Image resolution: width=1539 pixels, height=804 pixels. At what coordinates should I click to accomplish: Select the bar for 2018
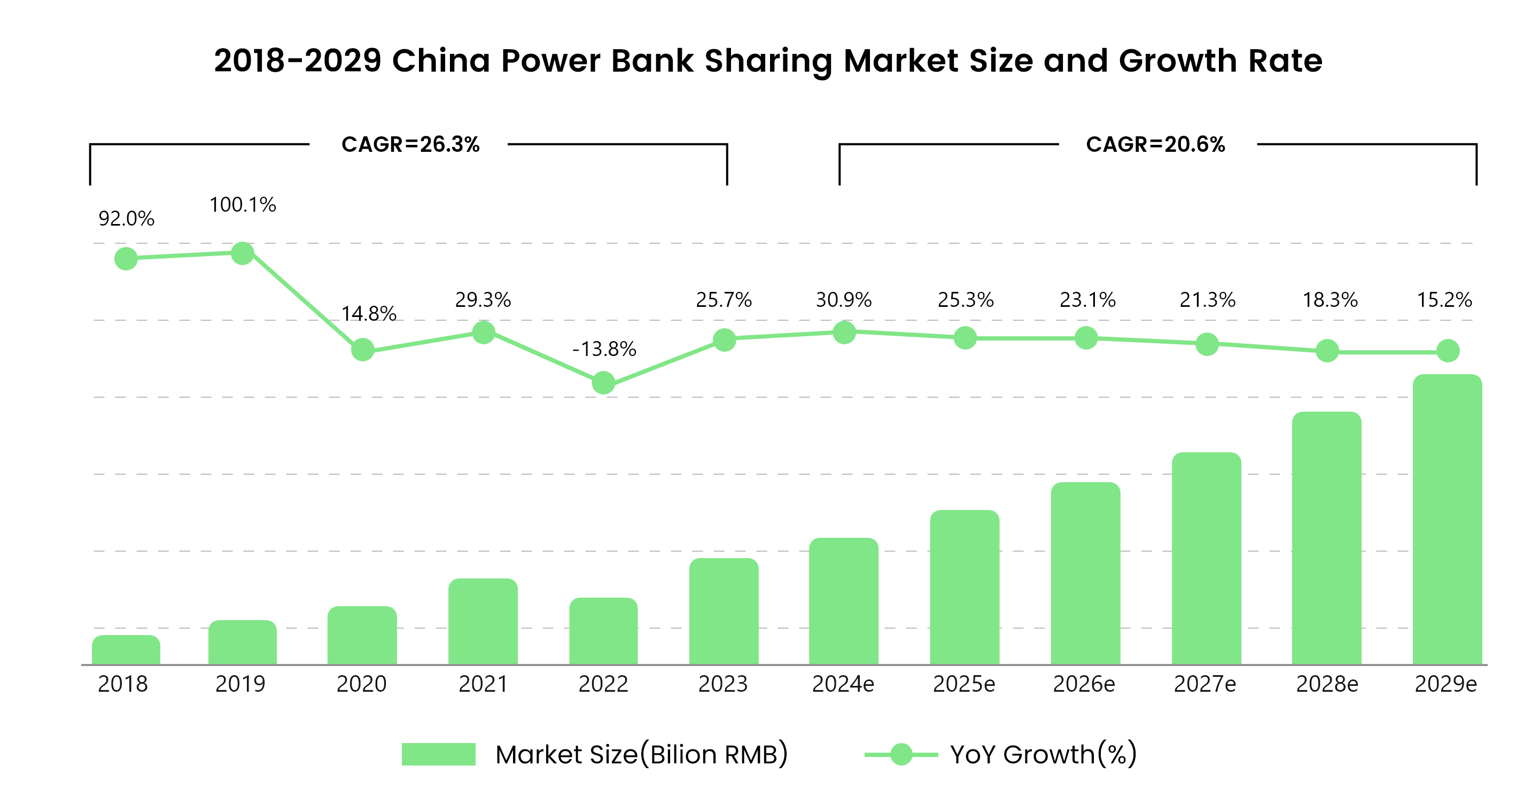(x=126, y=650)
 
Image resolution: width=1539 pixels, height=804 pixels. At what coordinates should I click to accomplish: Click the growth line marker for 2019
(x=243, y=253)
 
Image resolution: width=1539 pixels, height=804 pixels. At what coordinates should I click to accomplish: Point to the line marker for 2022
(x=603, y=383)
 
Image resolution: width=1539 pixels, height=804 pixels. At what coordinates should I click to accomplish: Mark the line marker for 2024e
(x=844, y=333)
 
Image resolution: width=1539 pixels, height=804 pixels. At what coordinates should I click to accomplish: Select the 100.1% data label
(x=243, y=205)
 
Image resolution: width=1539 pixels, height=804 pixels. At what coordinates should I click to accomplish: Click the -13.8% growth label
(x=604, y=349)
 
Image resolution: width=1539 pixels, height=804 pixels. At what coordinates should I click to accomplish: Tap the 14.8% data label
(x=369, y=314)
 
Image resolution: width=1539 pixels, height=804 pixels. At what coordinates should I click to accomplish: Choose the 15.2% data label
(x=1444, y=299)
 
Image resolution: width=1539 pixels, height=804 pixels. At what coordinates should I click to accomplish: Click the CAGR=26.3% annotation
(x=410, y=145)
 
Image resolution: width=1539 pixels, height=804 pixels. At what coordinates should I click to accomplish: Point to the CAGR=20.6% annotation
(x=1155, y=145)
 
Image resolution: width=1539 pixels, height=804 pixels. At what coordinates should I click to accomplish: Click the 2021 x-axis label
(x=483, y=684)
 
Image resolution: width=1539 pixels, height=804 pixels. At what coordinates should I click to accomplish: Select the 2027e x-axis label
(x=1204, y=684)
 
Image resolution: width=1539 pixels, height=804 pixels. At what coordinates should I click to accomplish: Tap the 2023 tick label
(x=723, y=684)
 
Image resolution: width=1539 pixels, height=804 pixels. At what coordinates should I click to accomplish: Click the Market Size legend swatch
(x=439, y=754)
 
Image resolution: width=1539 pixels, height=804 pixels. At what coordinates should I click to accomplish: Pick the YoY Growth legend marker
(x=901, y=754)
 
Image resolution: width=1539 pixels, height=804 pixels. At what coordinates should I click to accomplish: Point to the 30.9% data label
(x=844, y=299)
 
